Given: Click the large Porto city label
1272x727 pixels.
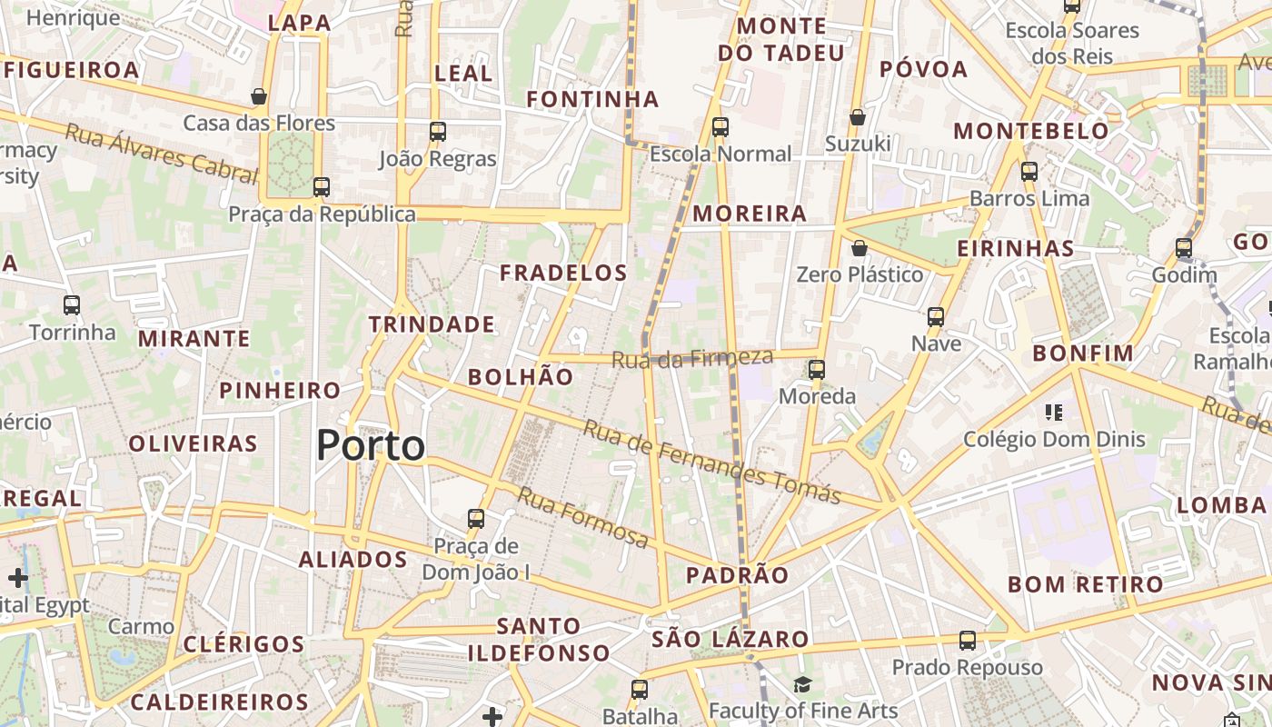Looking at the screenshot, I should tap(371, 445).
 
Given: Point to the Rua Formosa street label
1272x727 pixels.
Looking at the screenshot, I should tap(583, 516).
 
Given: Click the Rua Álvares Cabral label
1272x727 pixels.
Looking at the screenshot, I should tap(161, 154).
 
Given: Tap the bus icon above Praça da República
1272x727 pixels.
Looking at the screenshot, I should tap(321, 187).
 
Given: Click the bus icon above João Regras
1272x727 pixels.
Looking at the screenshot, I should tap(438, 132).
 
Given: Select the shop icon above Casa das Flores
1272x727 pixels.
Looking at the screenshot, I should tap(259, 96).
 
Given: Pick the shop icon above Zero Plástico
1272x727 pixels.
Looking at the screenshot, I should tap(860, 248).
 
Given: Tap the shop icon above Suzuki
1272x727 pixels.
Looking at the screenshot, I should tap(857, 117).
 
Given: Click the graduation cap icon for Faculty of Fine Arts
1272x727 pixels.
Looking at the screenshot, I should tap(802, 684).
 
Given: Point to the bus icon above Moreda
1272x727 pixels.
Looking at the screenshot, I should tap(817, 370).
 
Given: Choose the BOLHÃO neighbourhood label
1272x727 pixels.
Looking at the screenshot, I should tap(521, 377).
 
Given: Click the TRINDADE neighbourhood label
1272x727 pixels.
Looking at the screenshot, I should tap(432, 324).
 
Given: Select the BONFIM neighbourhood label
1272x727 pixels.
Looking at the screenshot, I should tap(1084, 354).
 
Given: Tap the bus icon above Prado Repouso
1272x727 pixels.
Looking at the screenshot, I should tap(968, 641).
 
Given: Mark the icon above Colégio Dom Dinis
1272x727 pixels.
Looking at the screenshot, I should tap(1054, 413).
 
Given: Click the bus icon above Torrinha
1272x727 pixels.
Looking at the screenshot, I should tap(72, 305).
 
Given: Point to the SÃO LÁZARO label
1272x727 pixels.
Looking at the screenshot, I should tap(730, 639).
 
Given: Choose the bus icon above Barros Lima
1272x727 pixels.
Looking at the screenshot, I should tap(1029, 172).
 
